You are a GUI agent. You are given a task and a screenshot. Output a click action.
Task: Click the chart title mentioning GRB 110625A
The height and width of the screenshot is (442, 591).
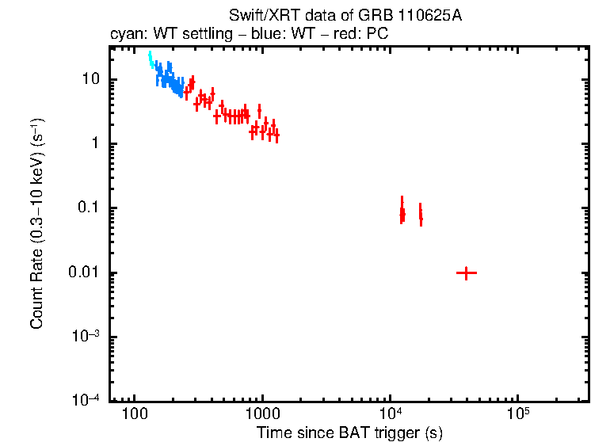pyautogui.click(x=345, y=17)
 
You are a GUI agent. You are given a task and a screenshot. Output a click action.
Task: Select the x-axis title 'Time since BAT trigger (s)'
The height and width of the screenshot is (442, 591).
pyautogui.click(x=349, y=432)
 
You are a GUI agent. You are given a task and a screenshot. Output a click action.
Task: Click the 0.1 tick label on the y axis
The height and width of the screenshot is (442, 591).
pyautogui.click(x=87, y=208)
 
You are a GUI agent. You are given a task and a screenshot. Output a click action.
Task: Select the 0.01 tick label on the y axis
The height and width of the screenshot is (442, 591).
pyautogui.click(x=84, y=272)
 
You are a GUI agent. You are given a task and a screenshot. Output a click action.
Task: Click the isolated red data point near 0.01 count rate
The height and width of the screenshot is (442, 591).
pyautogui.click(x=466, y=272)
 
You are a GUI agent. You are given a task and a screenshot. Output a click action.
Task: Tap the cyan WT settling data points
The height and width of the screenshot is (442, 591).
pyautogui.click(x=151, y=61)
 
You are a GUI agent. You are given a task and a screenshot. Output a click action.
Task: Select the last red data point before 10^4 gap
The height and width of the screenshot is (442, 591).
pyautogui.click(x=276, y=136)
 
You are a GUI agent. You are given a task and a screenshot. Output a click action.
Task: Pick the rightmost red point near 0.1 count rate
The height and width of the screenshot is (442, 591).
pyautogui.click(x=421, y=215)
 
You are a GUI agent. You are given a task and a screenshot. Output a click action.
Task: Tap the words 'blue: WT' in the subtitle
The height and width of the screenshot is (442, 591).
pyautogui.click(x=280, y=35)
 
